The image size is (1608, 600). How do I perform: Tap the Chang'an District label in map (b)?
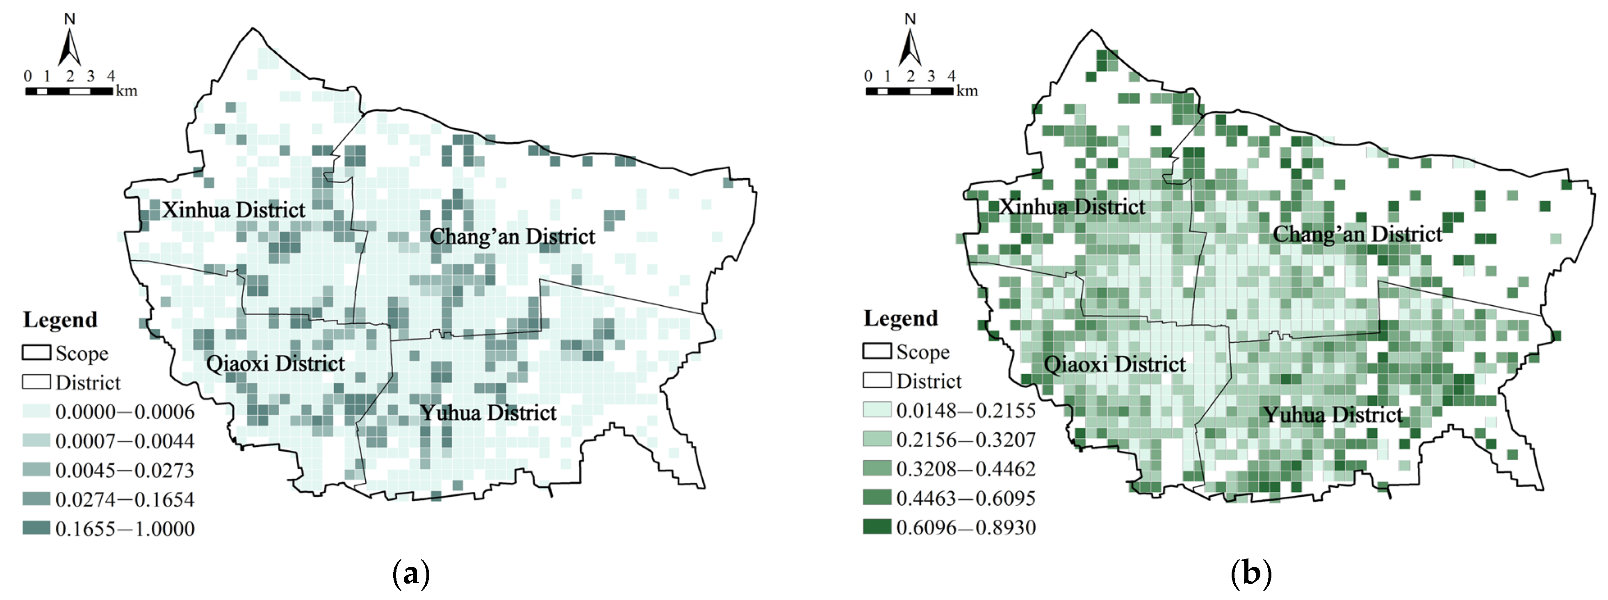click(x=1357, y=234)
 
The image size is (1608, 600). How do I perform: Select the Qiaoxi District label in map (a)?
click(x=275, y=363)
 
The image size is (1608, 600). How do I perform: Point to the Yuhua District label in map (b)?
click(x=1333, y=415)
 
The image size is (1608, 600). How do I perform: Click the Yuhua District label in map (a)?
click(x=487, y=412)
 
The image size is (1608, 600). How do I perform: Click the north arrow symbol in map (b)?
click(x=910, y=44)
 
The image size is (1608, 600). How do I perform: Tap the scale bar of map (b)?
click(x=909, y=91)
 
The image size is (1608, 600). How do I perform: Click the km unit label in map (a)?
click(x=126, y=91)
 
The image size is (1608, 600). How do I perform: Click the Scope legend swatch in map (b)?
click(x=877, y=351)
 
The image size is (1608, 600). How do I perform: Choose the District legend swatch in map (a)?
click(x=36, y=382)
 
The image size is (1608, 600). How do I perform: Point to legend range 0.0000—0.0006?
click(x=124, y=411)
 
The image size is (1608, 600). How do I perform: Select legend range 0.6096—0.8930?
click(x=965, y=527)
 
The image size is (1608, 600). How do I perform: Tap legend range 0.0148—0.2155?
click(x=965, y=410)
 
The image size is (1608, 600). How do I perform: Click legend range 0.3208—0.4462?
click(x=965, y=469)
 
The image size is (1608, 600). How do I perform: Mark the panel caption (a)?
click(x=411, y=573)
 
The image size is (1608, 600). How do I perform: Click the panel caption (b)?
click(x=1251, y=573)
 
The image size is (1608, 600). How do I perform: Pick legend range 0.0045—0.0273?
click(x=124, y=470)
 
